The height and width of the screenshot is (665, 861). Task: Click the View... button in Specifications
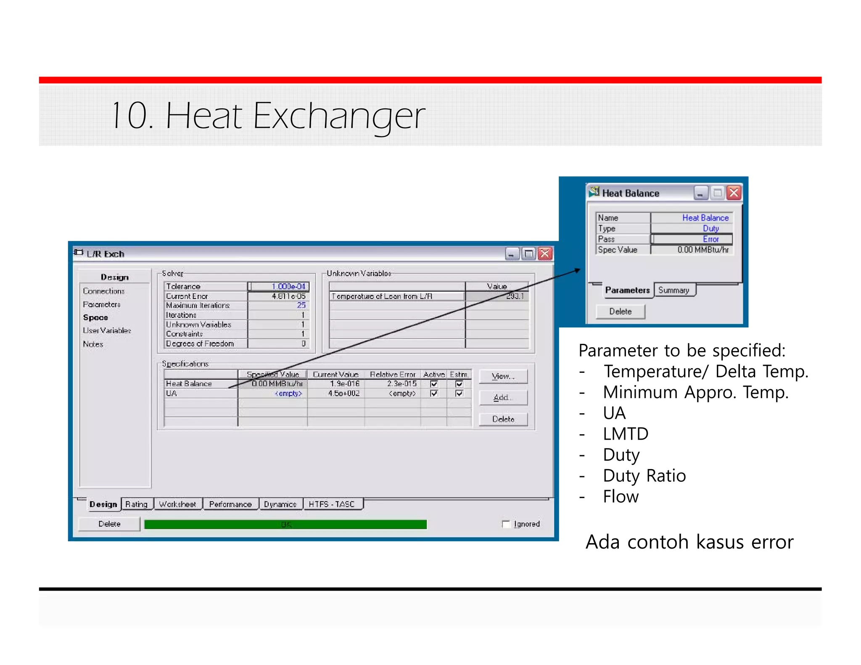click(503, 376)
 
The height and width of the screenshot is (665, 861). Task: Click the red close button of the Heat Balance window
click(734, 193)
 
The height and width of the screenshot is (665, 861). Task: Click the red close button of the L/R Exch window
click(545, 253)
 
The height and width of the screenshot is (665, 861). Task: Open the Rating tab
click(137, 504)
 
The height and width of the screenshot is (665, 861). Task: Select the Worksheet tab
click(177, 504)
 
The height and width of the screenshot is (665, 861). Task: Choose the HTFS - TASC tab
click(332, 504)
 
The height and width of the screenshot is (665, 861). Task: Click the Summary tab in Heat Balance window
click(673, 290)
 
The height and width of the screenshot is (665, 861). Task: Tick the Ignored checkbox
click(506, 524)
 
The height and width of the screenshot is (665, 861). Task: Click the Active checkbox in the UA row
click(434, 393)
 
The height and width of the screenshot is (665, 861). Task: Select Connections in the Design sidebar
click(104, 291)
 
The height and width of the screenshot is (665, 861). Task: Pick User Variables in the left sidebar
click(107, 330)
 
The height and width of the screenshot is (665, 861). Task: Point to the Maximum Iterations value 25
click(301, 305)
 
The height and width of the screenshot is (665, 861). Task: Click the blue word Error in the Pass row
click(711, 239)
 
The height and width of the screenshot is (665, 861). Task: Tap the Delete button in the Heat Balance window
click(620, 311)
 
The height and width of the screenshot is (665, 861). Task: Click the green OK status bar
click(285, 524)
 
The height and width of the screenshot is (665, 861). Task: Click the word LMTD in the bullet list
click(626, 434)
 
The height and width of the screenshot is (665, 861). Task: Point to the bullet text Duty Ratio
click(644, 475)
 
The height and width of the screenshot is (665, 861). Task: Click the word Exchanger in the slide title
click(339, 116)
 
